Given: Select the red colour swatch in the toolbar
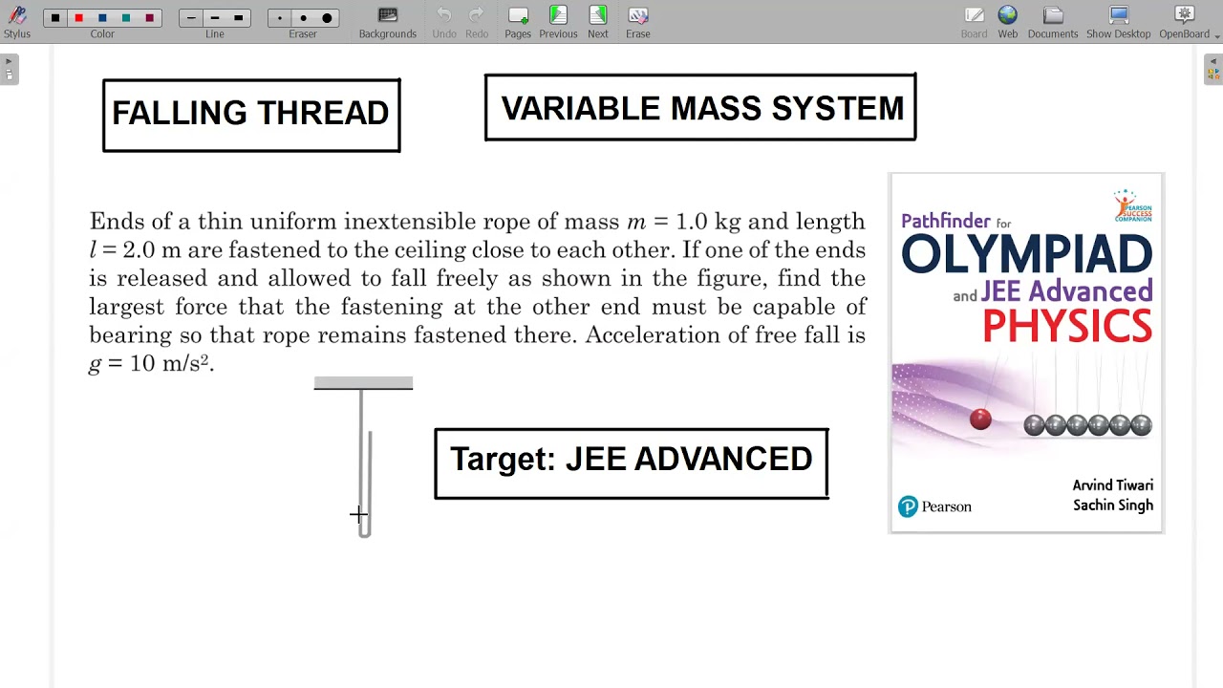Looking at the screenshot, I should pyautogui.click(x=78, y=18).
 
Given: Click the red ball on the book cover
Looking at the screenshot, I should pyautogui.click(x=980, y=419).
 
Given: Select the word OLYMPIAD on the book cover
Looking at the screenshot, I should pyautogui.click(x=1026, y=254).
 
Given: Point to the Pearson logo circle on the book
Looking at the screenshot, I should pyautogui.click(x=908, y=507).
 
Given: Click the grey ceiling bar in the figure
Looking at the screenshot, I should pyautogui.click(x=363, y=383).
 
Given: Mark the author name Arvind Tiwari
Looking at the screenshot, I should pyautogui.click(x=1112, y=485).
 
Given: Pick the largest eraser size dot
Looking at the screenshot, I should pyautogui.click(x=327, y=18).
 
